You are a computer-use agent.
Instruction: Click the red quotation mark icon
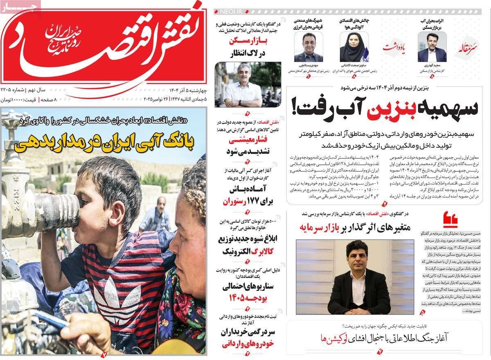(450, 219)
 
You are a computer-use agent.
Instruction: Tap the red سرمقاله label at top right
(468, 48)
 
